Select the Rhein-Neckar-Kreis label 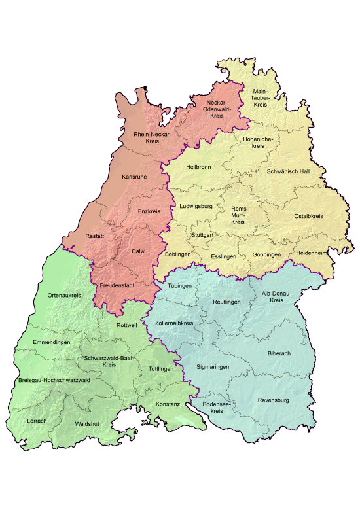(152, 137)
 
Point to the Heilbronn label (198, 166)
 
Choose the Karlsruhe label (134, 177)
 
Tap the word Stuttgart (203, 234)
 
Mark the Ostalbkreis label (308, 216)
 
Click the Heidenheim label (312, 253)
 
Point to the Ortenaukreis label (64, 296)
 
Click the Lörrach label (37, 420)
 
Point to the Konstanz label (168, 404)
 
